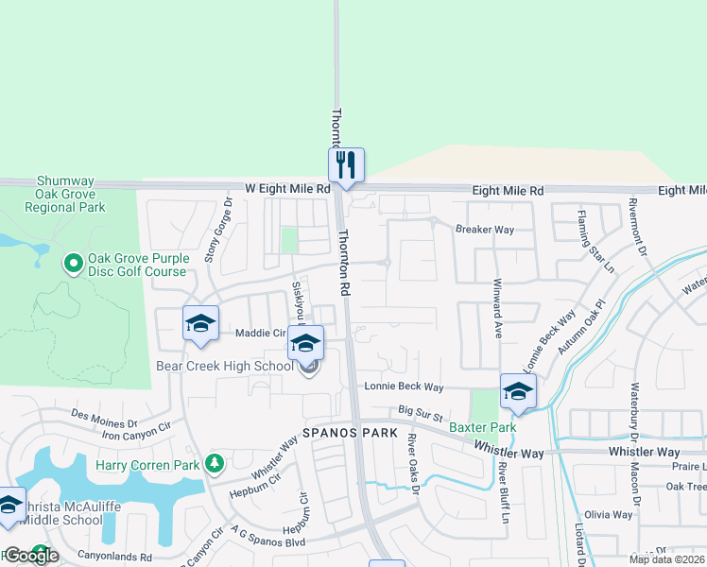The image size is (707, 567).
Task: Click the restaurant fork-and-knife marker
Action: tap(346, 165)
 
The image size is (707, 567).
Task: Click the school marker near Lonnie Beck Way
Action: tap(518, 391)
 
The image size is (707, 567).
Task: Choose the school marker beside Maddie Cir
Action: tap(200, 324)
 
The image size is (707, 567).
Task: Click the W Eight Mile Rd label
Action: tap(286, 189)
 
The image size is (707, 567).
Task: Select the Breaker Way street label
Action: tap(485, 230)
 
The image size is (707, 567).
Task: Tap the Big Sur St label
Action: tap(421, 413)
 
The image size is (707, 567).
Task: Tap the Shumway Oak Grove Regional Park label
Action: tap(71, 194)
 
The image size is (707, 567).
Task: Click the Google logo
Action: tap(31, 556)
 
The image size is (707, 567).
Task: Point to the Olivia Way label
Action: tap(609, 515)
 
